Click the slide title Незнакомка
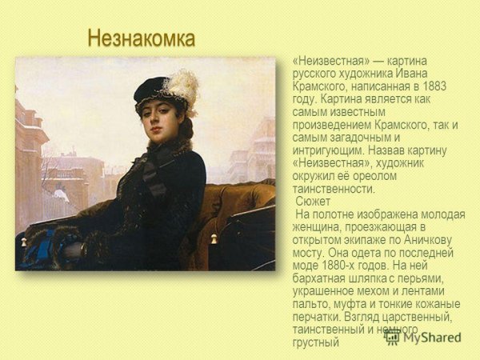coord(142,38)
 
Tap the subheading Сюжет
coord(313,202)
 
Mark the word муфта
coord(357,304)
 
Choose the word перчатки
coord(320,317)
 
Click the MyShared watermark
coord(423,337)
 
